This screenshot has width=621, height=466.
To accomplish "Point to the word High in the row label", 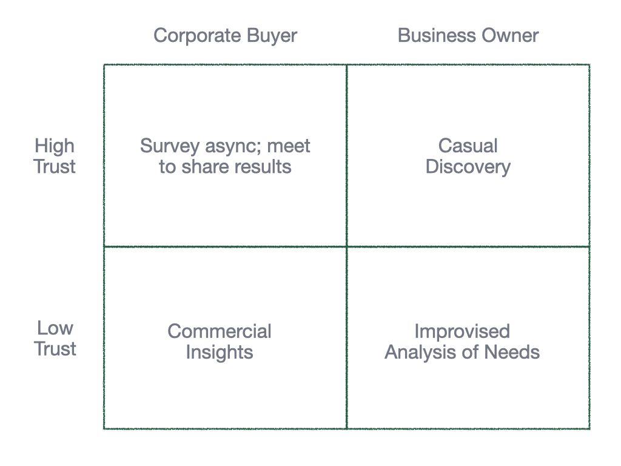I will pyautogui.click(x=55, y=146).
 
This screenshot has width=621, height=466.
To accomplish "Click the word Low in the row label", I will pyautogui.click(x=55, y=328).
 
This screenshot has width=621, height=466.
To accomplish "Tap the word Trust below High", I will pyautogui.click(x=55, y=167).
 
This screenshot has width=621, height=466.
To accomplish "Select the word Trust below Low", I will pyautogui.click(x=55, y=349).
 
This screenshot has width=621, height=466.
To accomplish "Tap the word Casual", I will pyautogui.click(x=468, y=146).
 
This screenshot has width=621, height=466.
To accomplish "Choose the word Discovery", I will pyautogui.click(x=468, y=167).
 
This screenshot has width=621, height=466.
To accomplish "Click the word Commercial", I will pyautogui.click(x=219, y=331).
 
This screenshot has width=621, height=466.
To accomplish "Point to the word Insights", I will pyautogui.click(x=219, y=352).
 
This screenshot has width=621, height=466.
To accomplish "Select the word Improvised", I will pyautogui.click(x=462, y=331).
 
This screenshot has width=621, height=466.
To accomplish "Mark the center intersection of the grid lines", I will pyautogui.click(x=346, y=246).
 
